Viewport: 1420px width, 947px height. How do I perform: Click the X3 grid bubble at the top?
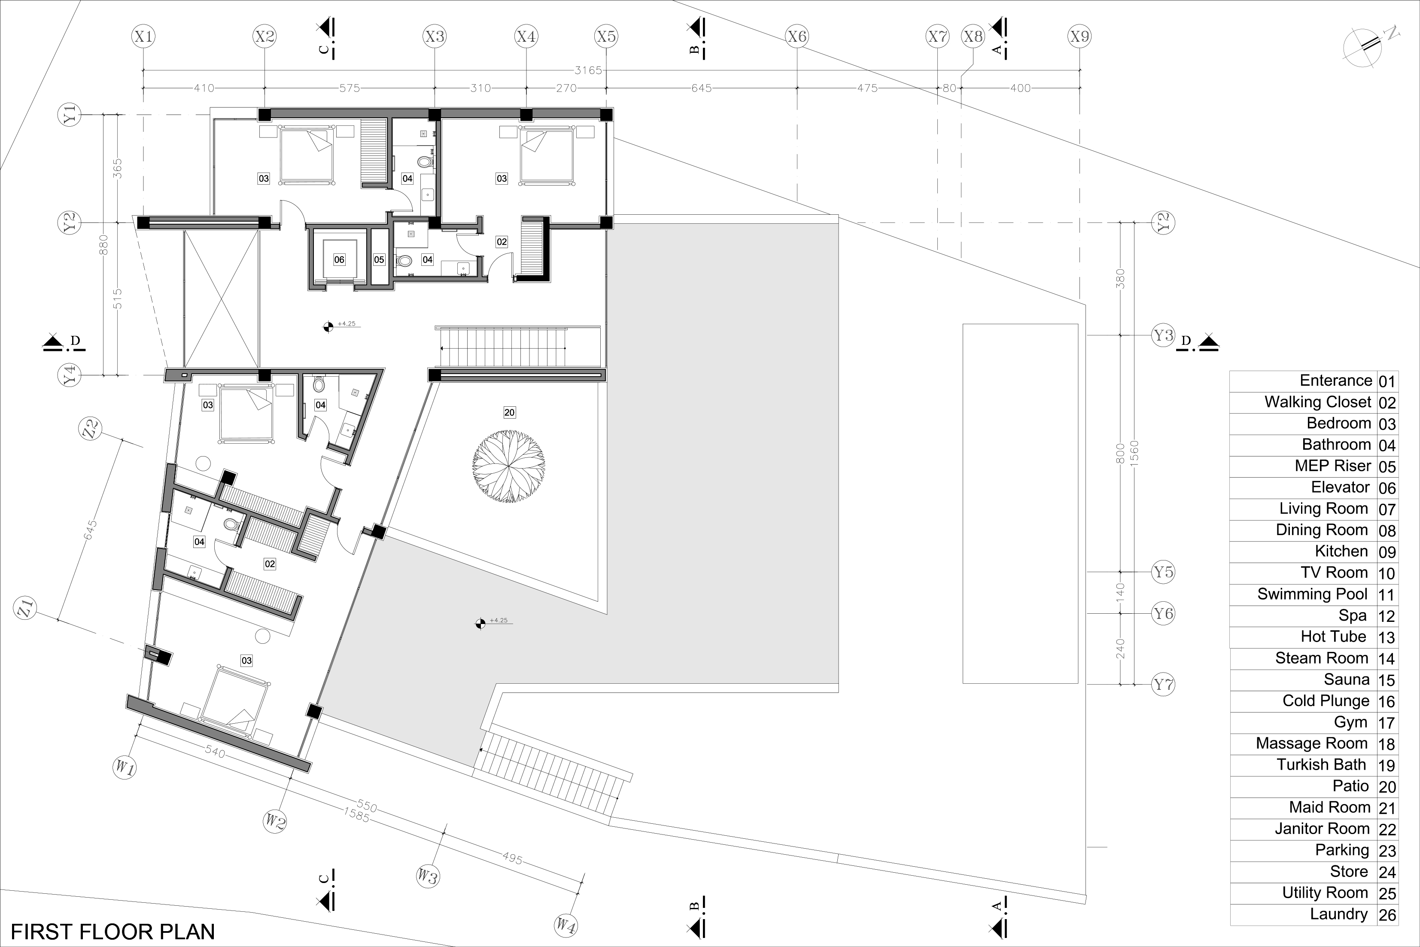[435, 36]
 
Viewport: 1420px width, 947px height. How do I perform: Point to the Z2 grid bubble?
[91, 429]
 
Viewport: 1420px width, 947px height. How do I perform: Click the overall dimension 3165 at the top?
[588, 70]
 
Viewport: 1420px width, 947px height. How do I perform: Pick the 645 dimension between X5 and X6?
[702, 88]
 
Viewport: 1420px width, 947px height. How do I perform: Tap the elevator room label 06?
[339, 260]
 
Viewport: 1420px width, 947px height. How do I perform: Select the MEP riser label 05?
[379, 260]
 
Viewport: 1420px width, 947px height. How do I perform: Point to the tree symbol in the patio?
[509, 466]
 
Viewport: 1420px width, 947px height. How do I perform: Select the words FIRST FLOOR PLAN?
[113, 931]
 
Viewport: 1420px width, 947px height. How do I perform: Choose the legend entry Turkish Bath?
[1321, 764]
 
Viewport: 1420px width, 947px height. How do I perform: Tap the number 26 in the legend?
[1387, 915]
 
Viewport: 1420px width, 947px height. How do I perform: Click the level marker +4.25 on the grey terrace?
[499, 620]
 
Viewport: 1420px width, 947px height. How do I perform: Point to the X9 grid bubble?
[1079, 36]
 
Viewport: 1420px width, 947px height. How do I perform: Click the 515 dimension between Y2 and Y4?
[118, 299]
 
